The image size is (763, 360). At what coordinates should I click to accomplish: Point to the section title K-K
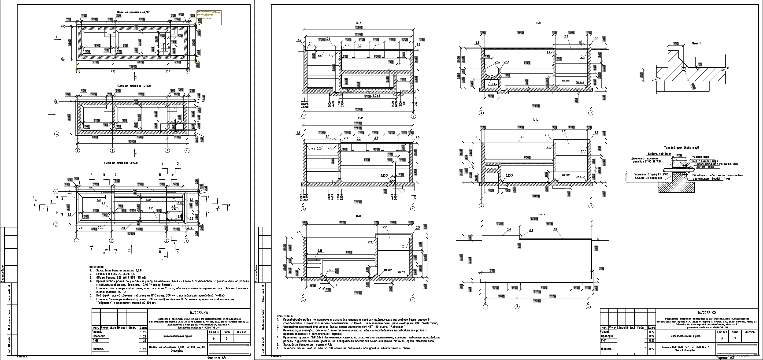pyautogui.click(x=359, y=23)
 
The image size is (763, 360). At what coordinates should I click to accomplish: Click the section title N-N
pyautogui.click(x=538, y=23)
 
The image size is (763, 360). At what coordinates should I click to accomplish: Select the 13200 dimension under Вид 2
pyautogui.click(x=537, y=292)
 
